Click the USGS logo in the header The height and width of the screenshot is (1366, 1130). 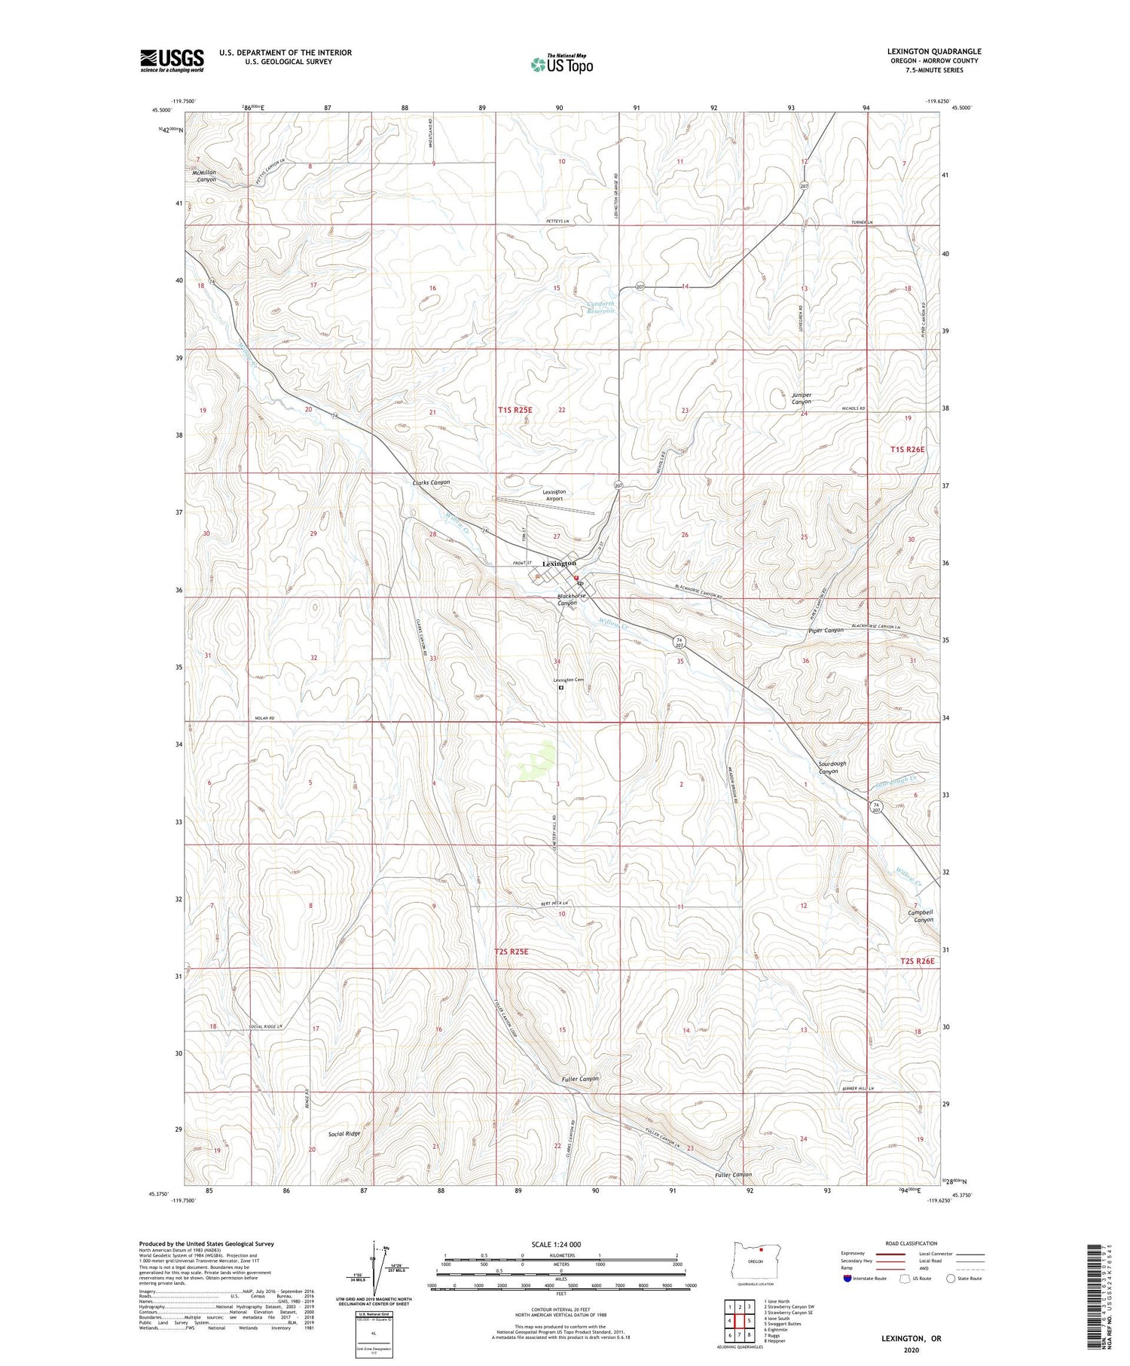click(172, 60)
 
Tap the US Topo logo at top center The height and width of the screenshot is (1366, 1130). click(562, 65)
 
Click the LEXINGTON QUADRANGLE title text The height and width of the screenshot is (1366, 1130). click(933, 52)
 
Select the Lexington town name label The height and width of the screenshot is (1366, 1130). click(559, 564)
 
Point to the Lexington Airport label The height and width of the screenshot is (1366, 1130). click(554, 495)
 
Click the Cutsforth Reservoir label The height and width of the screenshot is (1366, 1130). click(600, 308)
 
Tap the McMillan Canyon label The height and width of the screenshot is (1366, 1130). click(202, 176)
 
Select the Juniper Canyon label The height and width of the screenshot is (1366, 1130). click(801, 398)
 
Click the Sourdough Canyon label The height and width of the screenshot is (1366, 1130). click(832, 767)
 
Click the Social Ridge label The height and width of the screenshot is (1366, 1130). click(344, 1133)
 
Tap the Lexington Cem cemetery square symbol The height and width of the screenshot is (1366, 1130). click(561, 687)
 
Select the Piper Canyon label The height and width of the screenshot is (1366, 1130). click(825, 630)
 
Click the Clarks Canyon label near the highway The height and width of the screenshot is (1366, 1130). click(431, 482)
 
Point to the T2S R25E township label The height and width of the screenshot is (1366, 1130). click(512, 952)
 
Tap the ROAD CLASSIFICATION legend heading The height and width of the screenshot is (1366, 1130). click(911, 1243)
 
